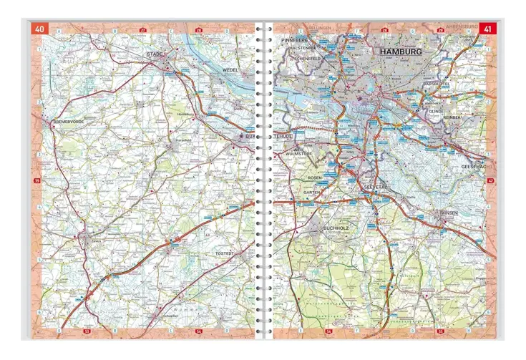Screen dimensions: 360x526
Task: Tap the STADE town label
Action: coord(154,54)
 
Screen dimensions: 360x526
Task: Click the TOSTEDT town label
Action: coord(235,254)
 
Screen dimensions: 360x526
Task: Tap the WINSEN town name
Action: coord(449,213)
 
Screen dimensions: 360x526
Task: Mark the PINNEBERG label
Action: coord(294,40)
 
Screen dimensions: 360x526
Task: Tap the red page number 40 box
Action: coord(38,29)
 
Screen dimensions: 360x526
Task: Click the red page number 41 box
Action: coord(487,29)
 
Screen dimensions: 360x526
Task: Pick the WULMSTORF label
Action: coord(296,153)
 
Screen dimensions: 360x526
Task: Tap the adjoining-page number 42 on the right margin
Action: coord(490,182)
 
